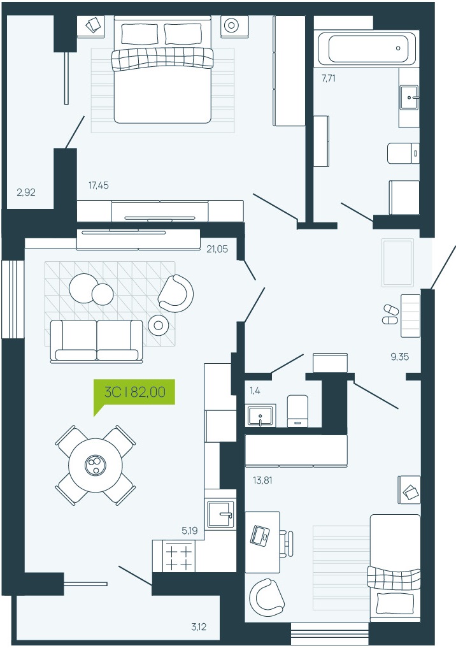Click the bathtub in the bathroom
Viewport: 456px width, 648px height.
point(366,48)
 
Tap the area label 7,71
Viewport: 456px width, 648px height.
point(329,78)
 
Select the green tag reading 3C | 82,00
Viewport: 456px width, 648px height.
point(134,392)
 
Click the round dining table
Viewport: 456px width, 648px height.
point(96,465)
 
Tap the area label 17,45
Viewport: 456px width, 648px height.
point(99,185)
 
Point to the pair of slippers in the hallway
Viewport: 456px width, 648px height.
point(390,315)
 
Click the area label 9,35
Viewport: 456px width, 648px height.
point(400,357)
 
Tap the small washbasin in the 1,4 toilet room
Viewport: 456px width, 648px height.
point(260,415)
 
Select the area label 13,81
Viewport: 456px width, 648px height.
point(262,480)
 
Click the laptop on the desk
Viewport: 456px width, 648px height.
point(260,535)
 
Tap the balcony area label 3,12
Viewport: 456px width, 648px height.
point(199,627)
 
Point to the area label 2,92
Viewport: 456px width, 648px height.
point(26,192)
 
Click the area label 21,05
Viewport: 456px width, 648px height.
point(217,248)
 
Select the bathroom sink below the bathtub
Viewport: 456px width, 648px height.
point(409,97)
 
